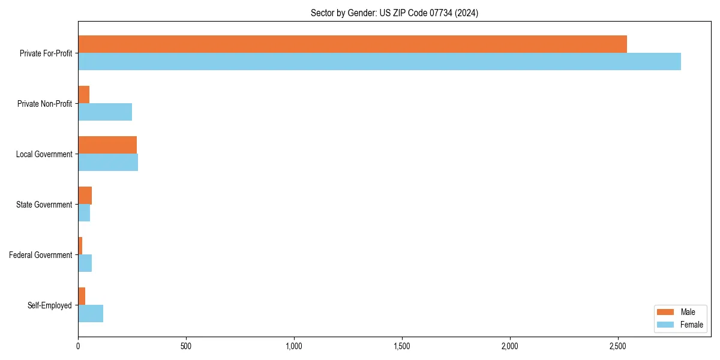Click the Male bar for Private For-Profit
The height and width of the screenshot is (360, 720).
[x=352, y=44]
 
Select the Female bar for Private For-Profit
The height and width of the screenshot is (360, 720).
[x=379, y=62]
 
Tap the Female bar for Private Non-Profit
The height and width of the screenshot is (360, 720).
[x=105, y=112]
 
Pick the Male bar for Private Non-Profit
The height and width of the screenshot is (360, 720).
[x=84, y=95]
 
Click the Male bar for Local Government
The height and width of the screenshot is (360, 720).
[x=107, y=145]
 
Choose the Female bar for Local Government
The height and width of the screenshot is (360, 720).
[x=108, y=163]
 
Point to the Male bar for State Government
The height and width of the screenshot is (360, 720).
[x=85, y=196]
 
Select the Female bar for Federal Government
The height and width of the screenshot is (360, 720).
[x=85, y=263]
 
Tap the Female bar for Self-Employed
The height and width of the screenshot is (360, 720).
[x=91, y=314]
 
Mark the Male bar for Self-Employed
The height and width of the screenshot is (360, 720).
[x=82, y=296]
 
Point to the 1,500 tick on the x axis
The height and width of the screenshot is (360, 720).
[x=402, y=346]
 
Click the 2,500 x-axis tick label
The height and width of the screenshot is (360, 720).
[x=618, y=346]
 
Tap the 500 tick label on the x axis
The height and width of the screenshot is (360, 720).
[x=186, y=346]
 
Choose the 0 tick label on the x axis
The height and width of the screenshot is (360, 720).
[x=78, y=346]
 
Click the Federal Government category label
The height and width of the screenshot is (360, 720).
[x=41, y=255]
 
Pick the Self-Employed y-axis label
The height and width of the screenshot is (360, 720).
[x=50, y=305]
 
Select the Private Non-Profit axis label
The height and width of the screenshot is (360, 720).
[x=44, y=104]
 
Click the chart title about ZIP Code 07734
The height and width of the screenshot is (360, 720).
[x=394, y=13]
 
